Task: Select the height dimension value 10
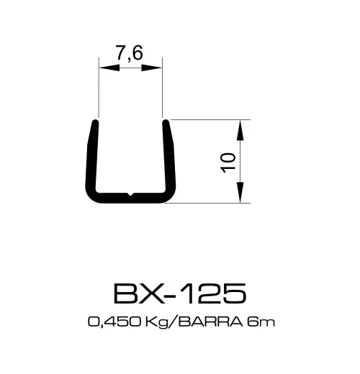point(230,162)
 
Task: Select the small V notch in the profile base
point(130,193)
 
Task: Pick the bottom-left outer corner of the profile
point(89,199)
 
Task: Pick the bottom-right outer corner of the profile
point(171,199)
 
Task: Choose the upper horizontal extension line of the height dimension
point(209,119)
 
